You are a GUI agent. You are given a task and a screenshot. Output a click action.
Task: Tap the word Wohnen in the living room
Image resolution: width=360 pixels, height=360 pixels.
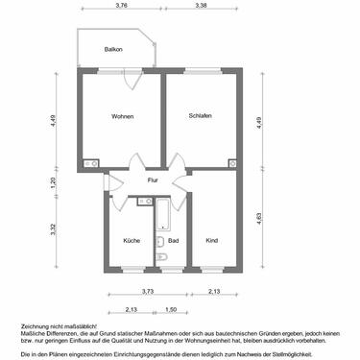pos(123,117)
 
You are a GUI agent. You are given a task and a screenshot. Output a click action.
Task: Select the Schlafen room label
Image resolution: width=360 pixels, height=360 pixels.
pos(201,116)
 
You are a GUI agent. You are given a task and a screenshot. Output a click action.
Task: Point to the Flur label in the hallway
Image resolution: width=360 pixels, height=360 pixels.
pos(153,180)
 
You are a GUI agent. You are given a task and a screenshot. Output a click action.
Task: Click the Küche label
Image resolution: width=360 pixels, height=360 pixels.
pos(132,240)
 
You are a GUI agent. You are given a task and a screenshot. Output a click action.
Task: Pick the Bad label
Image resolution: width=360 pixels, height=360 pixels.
pos(173,240)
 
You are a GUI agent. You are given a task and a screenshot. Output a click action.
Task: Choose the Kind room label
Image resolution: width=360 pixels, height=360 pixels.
pos(211,240)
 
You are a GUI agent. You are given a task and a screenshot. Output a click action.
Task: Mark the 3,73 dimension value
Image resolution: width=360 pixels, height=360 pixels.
pos(147,291)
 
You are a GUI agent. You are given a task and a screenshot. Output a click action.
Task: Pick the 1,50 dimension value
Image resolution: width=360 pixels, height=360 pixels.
pos(170,310)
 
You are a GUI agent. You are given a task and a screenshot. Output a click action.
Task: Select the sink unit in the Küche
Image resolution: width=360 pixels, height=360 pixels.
pos(144,201)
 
